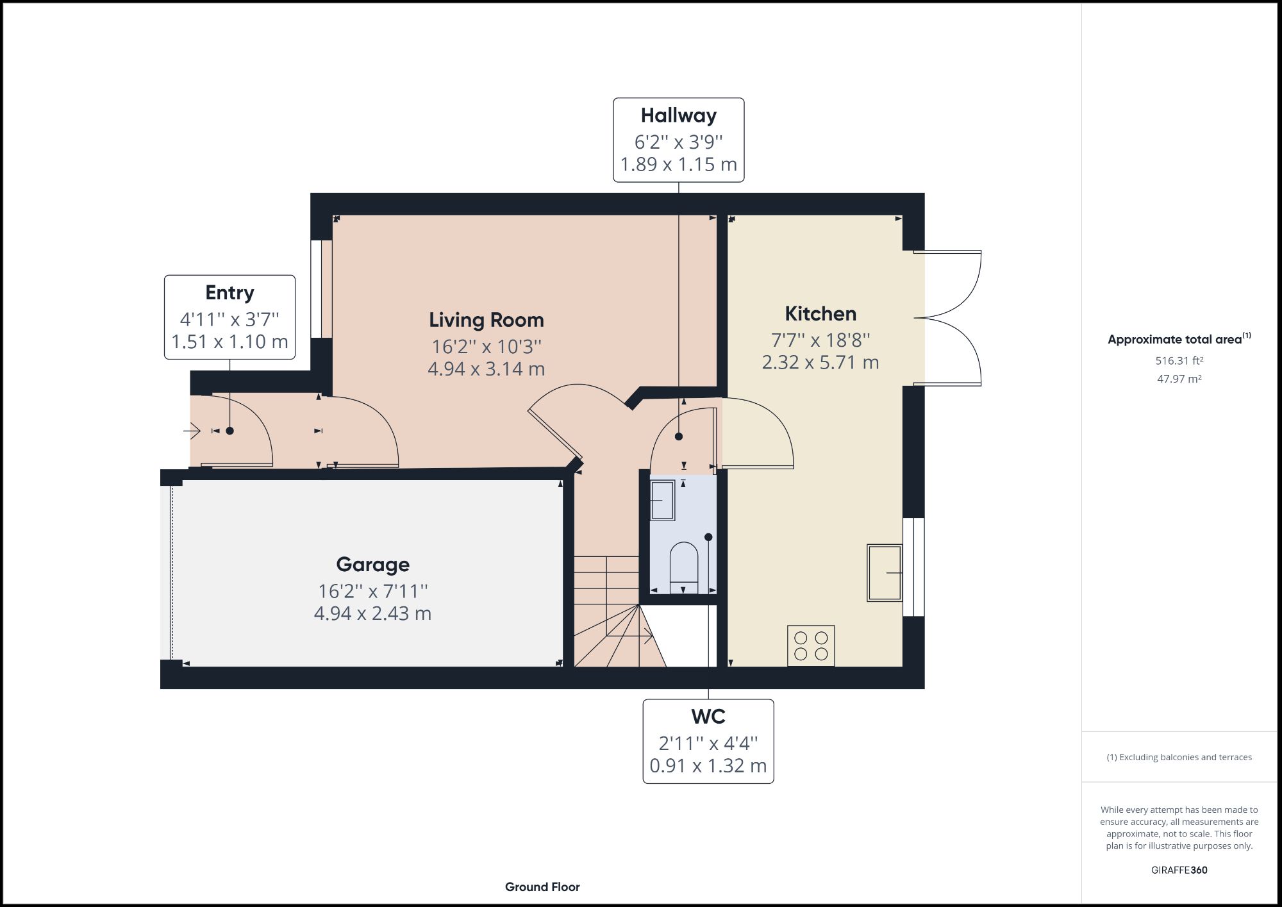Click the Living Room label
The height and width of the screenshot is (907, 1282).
486,320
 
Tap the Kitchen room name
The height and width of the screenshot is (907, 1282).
820,313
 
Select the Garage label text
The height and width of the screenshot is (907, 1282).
372,564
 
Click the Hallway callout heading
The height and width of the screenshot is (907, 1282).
678,115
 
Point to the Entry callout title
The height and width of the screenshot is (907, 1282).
229,292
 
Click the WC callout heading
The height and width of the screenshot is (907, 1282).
708,716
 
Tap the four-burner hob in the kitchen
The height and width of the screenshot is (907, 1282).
811,646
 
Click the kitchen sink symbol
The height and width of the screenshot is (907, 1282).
885,572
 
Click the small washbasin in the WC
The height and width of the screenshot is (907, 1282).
662,500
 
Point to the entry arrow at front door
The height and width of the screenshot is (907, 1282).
192,431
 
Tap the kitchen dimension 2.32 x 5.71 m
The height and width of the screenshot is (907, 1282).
820,362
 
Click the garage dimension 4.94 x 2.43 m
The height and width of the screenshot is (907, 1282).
372,613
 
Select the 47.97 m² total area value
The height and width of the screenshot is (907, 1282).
1179,379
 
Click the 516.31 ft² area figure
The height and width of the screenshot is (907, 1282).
1179,361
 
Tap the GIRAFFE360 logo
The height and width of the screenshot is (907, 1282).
1179,870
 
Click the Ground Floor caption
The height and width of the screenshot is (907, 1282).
542,887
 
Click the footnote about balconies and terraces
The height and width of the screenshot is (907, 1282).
1179,757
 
